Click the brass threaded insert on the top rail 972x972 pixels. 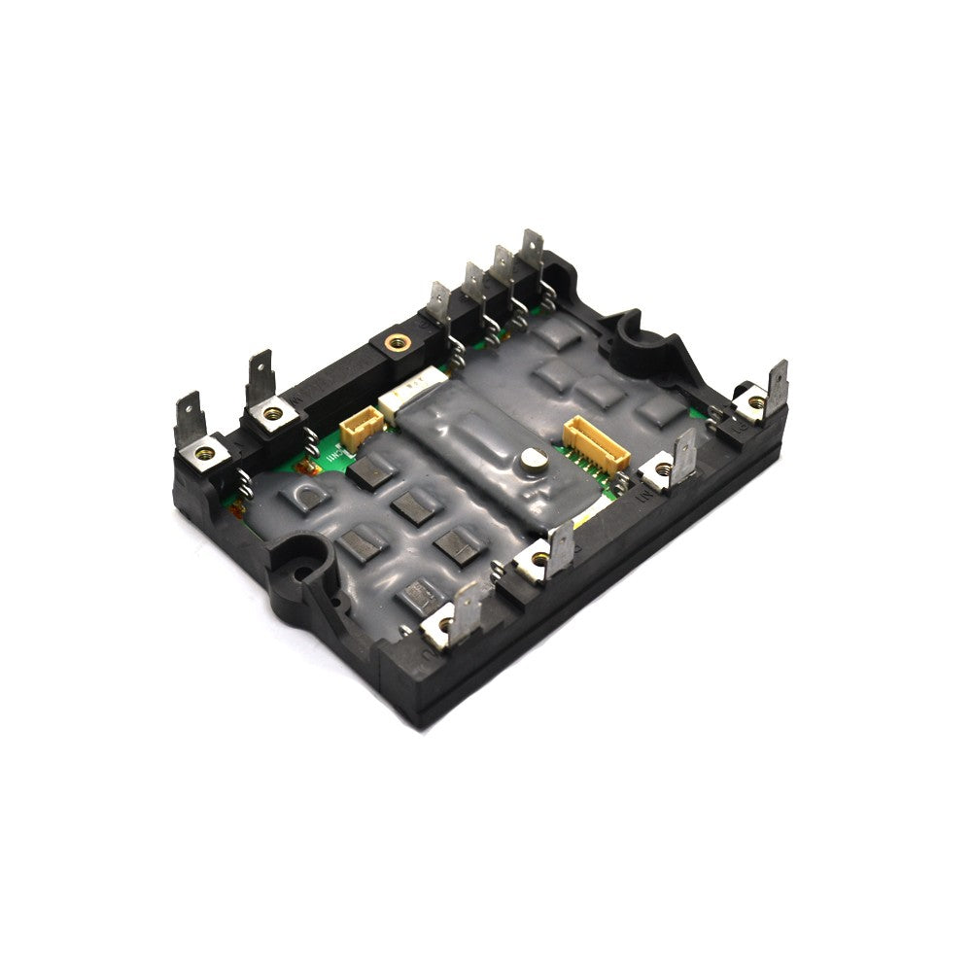click(x=395, y=341)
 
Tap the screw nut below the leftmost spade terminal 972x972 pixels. click(x=205, y=449)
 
